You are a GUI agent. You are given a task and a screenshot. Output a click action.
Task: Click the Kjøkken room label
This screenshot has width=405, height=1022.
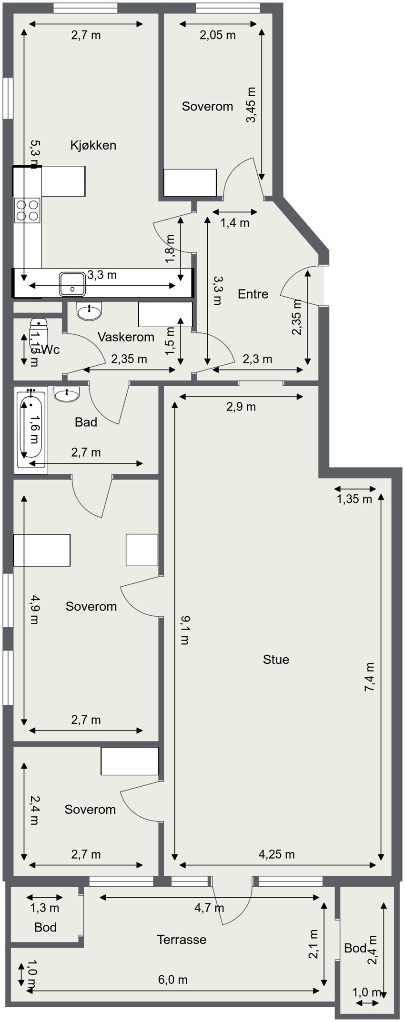pos(93,145)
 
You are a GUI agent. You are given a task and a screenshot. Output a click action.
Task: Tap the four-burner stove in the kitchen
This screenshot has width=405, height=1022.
pos(27,210)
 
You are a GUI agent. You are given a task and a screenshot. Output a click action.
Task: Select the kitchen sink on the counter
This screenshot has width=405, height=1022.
pos(72,284)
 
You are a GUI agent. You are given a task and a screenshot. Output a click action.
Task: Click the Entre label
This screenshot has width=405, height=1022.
pos(253,294)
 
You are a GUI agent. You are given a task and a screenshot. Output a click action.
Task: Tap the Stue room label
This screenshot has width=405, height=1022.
pos(276,660)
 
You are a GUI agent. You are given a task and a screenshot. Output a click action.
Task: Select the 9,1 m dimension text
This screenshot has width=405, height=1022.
pos(184,630)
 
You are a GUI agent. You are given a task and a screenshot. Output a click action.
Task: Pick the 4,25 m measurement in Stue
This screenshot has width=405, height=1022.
pos(277,854)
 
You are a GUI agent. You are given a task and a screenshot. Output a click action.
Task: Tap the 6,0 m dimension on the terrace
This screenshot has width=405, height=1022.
pos(173,980)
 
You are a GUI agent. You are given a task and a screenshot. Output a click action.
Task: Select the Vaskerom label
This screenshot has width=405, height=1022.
pos(126,337)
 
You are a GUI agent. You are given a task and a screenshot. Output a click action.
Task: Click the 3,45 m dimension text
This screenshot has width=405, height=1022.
pos(251,105)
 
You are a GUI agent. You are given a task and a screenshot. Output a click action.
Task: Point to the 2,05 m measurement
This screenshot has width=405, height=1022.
pos(218,35)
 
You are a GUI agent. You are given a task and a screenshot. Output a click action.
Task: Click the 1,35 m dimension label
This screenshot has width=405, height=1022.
pos(354,499)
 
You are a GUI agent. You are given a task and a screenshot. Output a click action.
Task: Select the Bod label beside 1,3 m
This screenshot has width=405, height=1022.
pos(45,927)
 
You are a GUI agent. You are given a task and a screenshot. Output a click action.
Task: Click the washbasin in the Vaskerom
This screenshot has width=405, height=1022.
pos(90,311)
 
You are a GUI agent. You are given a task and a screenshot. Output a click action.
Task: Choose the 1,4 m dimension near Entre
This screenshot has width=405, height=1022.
pos(235,223)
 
